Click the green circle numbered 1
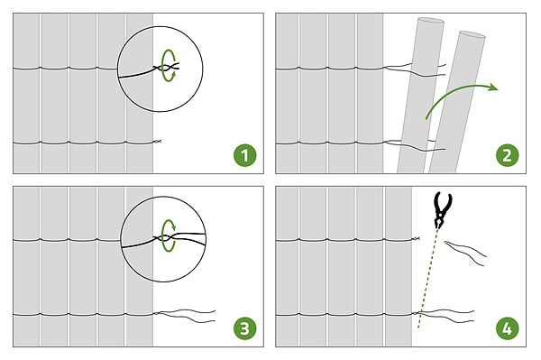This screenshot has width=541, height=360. [x=245, y=155]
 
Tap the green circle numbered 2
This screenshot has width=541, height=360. [x=507, y=155]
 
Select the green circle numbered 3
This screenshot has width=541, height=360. [x=245, y=328]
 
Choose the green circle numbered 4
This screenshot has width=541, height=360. [x=507, y=328]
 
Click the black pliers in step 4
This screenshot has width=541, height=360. [x=443, y=208]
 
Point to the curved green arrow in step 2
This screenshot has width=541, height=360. [x=459, y=90]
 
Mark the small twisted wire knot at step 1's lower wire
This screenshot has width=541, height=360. [x=157, y=141]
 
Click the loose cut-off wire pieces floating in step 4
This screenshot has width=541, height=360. [x=466, y=253]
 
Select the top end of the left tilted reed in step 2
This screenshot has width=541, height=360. [x=431, y=21]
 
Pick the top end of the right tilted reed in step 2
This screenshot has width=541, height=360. [x=472, y=34]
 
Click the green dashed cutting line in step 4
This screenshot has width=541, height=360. [x=427, y=278]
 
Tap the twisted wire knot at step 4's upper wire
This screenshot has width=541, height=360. [x=416, y=239]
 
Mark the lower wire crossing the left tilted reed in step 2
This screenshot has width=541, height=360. [x=414, y=145]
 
